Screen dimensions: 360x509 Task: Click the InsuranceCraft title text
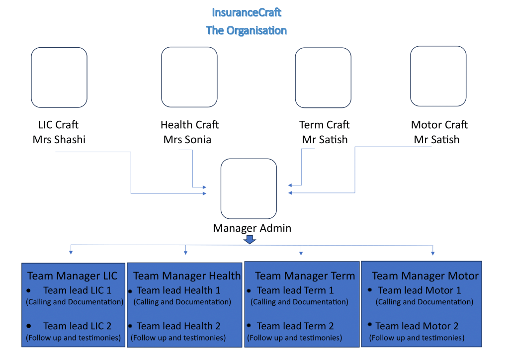(247, 12)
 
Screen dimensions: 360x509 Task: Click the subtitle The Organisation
(247, 30)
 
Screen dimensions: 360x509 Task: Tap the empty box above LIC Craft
(59, 77)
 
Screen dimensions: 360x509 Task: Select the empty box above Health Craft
(189, 77)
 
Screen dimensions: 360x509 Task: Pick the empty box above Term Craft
(323, 77)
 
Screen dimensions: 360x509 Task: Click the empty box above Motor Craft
(438, 76)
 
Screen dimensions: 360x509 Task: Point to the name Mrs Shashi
(59, 140)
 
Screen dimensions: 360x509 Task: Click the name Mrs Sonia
(187, 140)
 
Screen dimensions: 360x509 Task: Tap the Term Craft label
(324, 125)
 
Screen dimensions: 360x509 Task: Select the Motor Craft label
(439, 125)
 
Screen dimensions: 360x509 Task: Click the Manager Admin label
(252, 228)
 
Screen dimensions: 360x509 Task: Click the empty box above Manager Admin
(249, 188)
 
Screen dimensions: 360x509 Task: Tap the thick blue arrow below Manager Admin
(251, 240)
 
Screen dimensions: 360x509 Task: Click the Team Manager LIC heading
(73, 275)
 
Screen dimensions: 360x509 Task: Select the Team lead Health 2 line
(178, 326)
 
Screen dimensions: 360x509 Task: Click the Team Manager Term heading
(305, 275)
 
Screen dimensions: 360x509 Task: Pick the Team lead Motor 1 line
(420, 290)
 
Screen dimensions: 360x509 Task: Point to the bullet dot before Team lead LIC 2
(29, 326)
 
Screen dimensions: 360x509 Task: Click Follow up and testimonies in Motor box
(418, 338)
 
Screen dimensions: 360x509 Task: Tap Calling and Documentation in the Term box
(299, 302)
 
